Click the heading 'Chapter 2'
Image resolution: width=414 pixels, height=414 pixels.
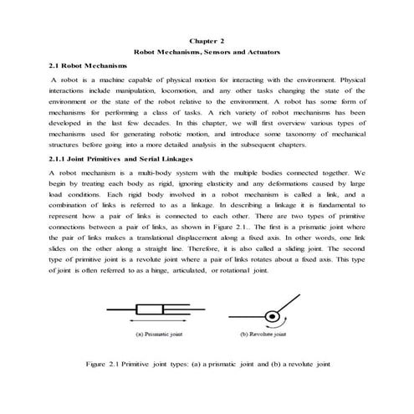pos(207,39)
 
